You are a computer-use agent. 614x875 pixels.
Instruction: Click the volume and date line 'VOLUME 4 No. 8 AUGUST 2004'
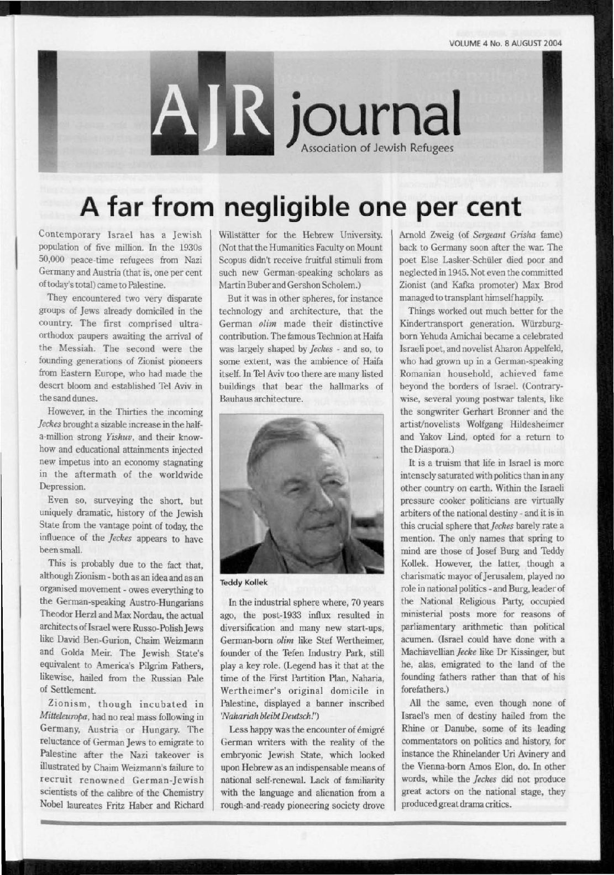tap(506, 43)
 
